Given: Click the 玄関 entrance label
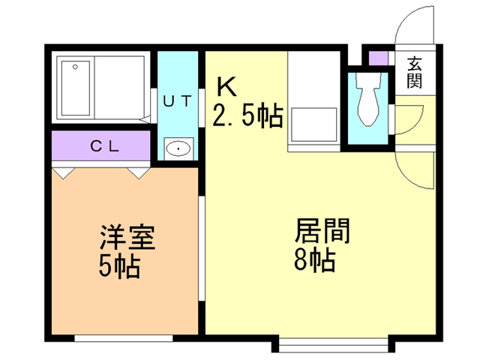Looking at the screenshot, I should tap(414, 73).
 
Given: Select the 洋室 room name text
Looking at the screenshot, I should tap(127, 238).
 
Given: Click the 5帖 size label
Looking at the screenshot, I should tap(119, 267).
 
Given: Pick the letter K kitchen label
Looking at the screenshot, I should tap(226, 86).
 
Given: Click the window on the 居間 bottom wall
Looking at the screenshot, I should tap(334, 345).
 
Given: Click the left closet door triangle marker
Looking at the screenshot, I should tap(64, 172).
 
